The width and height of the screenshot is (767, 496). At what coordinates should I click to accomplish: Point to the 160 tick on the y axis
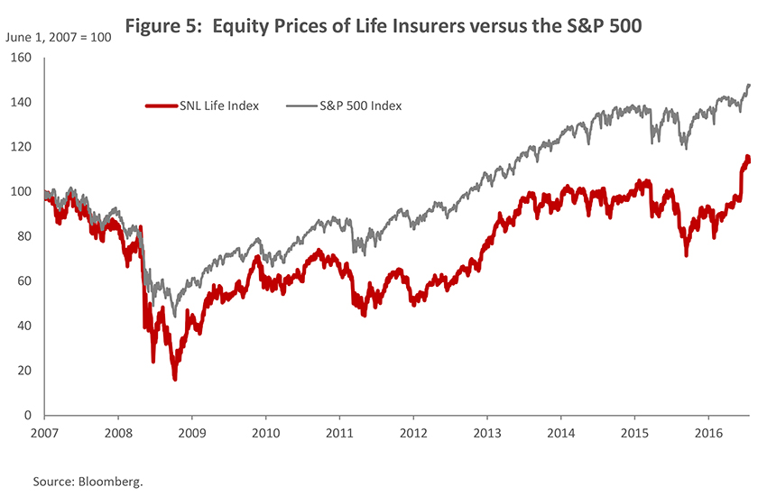pos(22,58)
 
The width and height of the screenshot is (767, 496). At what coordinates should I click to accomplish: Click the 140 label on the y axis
pos(22,103)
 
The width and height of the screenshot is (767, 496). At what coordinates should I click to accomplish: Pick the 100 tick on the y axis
pos(22,192)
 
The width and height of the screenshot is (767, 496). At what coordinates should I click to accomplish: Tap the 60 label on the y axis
pos(24,281)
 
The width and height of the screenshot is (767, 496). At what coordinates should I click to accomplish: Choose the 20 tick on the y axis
pos(24,371)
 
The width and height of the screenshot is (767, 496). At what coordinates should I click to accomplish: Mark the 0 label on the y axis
pos(28,416)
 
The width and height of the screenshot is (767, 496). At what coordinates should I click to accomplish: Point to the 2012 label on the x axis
pos(412,433)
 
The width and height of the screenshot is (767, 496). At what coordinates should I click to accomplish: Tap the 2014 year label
pos(560,433)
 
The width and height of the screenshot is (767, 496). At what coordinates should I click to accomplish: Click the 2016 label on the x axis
pos(708,433)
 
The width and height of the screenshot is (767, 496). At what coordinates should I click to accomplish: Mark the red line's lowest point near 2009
pos(174,378)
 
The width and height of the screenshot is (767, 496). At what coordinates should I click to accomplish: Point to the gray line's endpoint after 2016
pos(749,86)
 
